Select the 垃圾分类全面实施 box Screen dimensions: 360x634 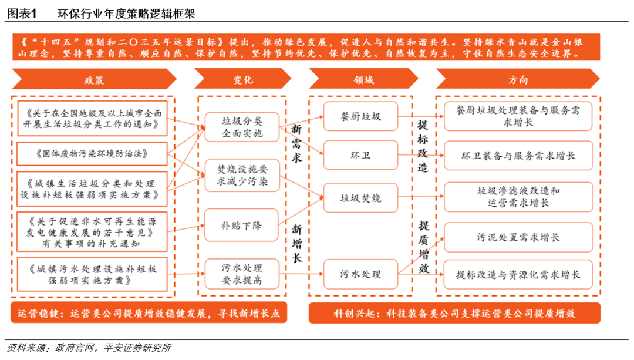(241, 127)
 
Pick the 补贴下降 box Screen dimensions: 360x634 (241, 225)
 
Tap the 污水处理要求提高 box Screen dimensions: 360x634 (241, 274)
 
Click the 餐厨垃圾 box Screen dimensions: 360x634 (360, 116)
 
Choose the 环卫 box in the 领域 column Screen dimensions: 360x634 (360, 156)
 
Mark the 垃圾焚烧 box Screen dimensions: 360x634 (360, 198)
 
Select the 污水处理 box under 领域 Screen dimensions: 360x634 (360, 274)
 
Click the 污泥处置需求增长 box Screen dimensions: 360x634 (518, 237)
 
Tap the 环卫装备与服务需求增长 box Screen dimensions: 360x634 (518, 156)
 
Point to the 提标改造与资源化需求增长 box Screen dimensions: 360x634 (518, 274)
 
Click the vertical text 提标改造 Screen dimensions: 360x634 (423, 146)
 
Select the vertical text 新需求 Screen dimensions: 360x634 (296, 144)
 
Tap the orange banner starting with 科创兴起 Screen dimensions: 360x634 (454, 313)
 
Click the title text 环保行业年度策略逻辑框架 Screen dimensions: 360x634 (126, 13)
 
